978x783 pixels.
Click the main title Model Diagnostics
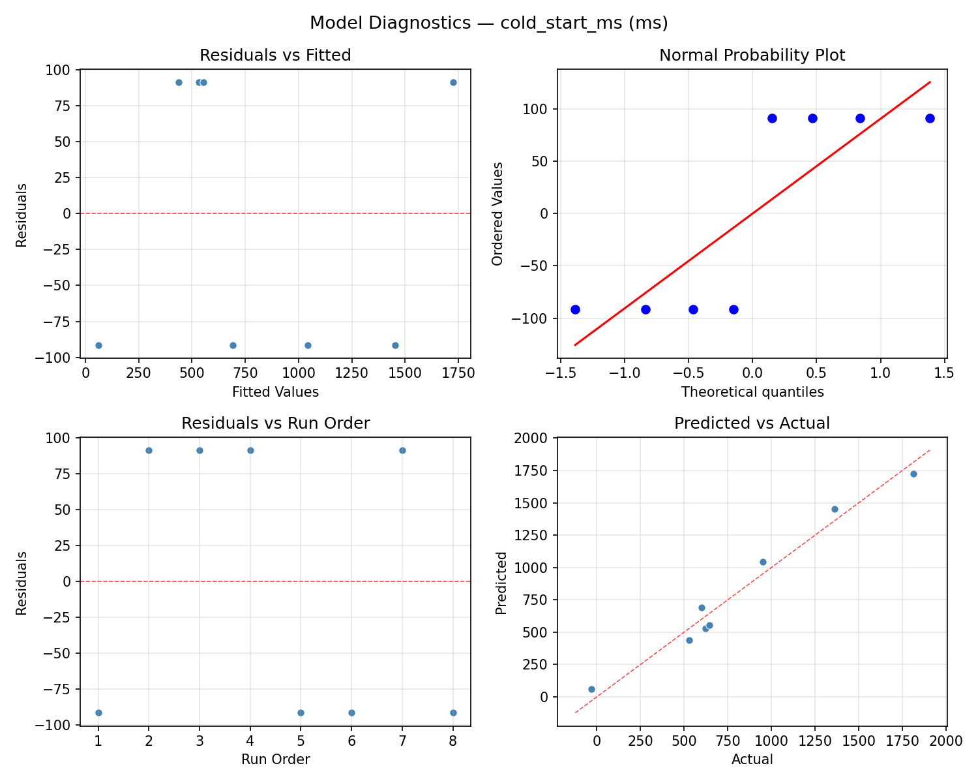488,23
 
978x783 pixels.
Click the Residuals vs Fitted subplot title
275,55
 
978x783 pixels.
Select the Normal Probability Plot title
752,55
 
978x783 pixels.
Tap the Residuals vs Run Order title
275,423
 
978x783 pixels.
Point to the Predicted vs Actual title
752,423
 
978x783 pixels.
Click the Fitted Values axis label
275,392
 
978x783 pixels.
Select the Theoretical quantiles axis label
752,392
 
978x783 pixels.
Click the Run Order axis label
275,760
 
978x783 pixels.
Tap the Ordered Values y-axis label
498,213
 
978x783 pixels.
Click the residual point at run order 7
402,450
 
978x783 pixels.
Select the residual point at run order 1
98,713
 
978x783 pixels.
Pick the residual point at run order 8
453,713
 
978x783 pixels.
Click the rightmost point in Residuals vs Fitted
453,82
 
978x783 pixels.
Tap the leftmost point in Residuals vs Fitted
98,345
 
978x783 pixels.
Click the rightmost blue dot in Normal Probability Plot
930,118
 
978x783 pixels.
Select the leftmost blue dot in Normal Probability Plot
575,309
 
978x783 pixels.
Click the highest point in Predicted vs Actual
913,474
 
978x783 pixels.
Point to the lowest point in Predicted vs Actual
591,689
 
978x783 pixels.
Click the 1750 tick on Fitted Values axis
457,373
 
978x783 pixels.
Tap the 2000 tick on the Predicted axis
537,438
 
